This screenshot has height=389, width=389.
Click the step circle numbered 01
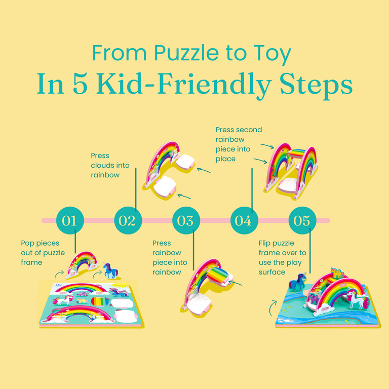click(x=70, y=220)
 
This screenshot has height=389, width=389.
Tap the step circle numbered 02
click(x=128, y=220)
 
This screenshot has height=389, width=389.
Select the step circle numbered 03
click(x=186, y=220)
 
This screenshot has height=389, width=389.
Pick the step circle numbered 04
click(x=244, y=220)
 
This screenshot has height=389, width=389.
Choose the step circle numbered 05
click(x=302, y=220)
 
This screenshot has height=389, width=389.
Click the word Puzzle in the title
click(x=186, y=53)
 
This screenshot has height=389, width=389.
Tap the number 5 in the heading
click(x=80, y=85)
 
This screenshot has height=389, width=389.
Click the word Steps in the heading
click(x=316, y=86)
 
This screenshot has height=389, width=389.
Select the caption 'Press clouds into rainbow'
click(x=110, y=165)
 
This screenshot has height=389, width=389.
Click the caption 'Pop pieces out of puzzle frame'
click(x=43, y=253)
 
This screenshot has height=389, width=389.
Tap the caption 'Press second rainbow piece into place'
click(x=239, y=144)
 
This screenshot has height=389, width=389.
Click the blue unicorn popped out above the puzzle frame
click(x=110, y=270)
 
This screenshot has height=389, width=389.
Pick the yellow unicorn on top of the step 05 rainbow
click(x=337, y=273)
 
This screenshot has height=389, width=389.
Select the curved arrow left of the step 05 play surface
click(x=273, y=308)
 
